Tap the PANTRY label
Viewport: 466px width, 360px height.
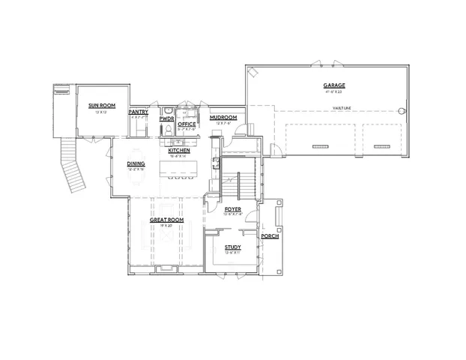139,112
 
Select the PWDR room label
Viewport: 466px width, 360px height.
166,118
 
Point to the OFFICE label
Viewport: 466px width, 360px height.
187,124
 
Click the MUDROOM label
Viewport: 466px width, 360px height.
223,118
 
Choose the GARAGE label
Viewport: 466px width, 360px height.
334,86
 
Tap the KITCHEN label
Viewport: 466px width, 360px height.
178,151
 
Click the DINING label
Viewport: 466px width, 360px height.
136,163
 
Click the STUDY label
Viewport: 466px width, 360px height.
232,246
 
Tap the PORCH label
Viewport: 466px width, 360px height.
270,236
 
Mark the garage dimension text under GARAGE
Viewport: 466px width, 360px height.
334,91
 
